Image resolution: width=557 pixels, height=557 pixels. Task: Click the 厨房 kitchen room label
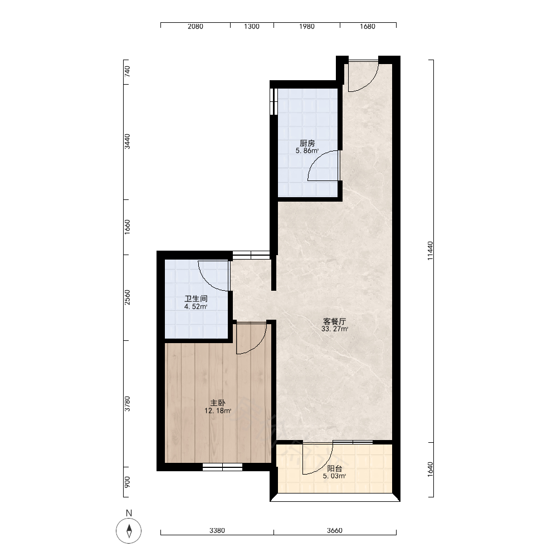[307, 143]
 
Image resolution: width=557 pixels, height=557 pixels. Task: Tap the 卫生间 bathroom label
[196, 299]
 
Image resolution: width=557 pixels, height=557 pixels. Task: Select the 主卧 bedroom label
[218, 403]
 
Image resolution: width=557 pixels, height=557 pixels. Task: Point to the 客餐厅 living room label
[334, 321]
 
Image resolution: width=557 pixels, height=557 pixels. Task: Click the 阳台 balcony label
[334, 468]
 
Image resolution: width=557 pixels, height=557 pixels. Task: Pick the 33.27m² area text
[335, 329]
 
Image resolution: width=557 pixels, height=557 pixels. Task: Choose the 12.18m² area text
[218, 411]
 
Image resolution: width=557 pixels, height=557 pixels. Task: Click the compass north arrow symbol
[129, 531]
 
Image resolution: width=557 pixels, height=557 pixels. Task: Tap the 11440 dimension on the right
[430, 251]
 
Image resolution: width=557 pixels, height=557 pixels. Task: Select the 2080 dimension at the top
[196, 26]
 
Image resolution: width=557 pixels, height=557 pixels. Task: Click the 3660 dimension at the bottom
[335, 530]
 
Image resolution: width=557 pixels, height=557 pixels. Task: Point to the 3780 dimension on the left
[128, 404]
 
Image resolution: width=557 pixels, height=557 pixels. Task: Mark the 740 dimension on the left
[128, 71]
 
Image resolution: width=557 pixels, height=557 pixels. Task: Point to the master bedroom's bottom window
[222, 467]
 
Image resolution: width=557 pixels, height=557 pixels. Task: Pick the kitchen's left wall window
[273, 101]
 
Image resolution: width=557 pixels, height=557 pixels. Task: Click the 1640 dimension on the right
[430, 469]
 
